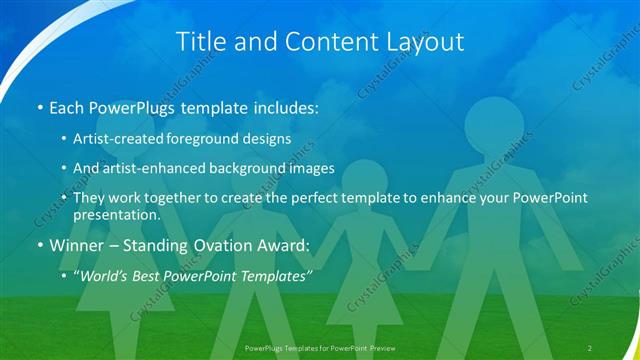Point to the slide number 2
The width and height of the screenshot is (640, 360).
click(590, 347)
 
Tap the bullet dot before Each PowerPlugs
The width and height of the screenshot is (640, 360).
click(38, 107)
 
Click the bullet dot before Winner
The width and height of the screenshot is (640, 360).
click(38, 245)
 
